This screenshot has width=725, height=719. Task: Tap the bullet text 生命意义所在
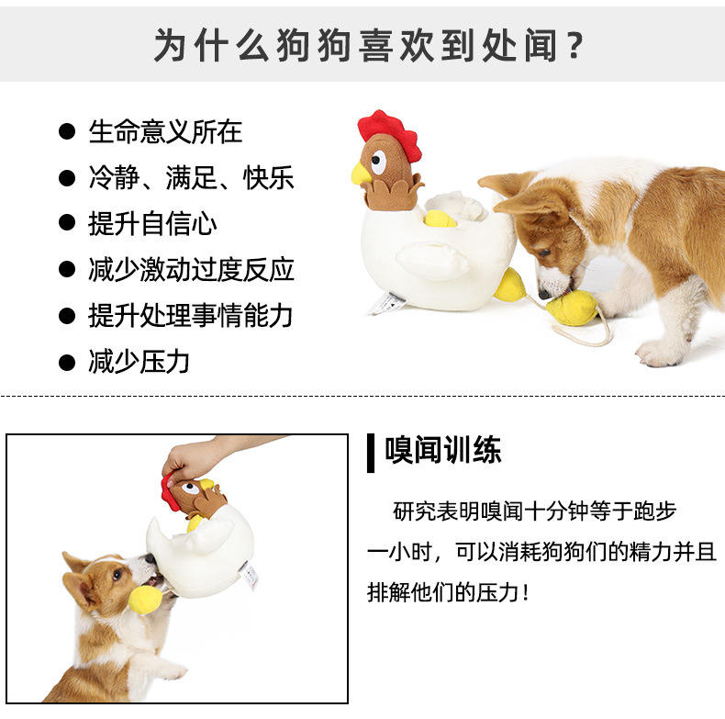pyautogui.click(x=165, y=131)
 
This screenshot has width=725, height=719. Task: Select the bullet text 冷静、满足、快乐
pyautogui.click(x=191, y=177)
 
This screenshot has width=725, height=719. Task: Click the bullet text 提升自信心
pyautogui.click(x=152, y=223)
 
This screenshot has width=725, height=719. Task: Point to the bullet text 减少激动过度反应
pyautogui.click(x=191, y=270)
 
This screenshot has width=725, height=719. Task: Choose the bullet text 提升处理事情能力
pyautogui.click(x=190, y=316)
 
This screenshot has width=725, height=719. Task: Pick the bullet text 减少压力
pyautogui.click(x=139, y=362)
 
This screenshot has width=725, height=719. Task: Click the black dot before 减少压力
pyautogui.click(x=66, y=363)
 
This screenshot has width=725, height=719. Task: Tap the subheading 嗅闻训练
pyautogui.click(x=443, y=451)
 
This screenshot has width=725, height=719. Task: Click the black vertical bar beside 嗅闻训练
pyautogui.click(x=371, y=452)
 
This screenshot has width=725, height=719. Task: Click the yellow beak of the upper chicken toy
pyautogui.click(x=361, y=174)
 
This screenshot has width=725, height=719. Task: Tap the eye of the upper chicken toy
pyautogui.click(x=378, y=164)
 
